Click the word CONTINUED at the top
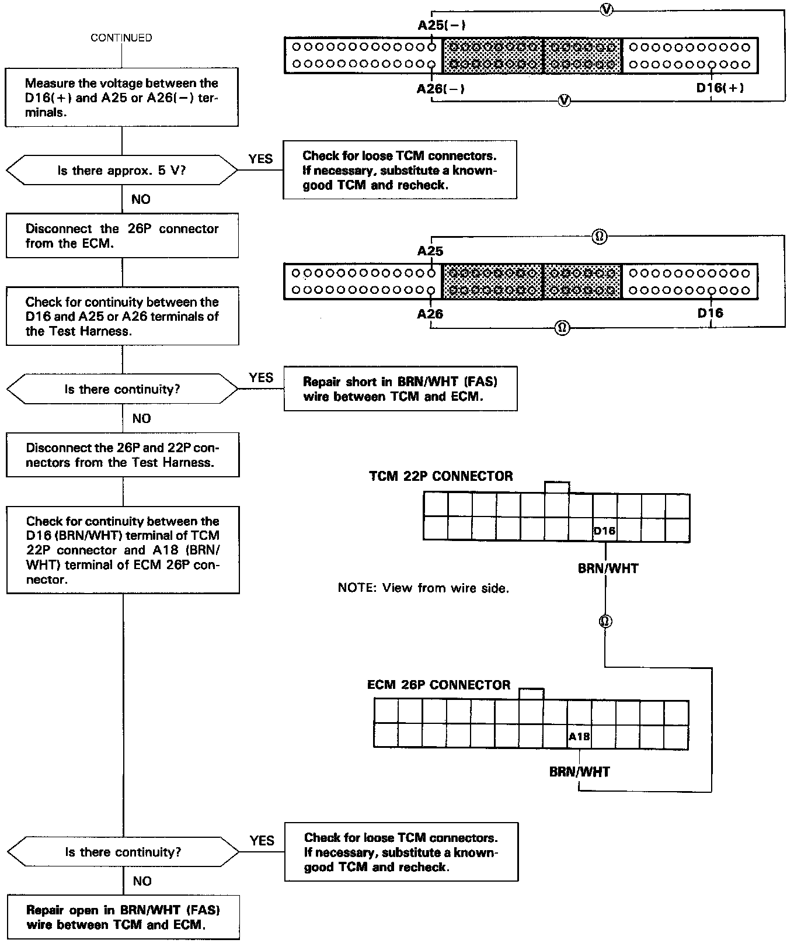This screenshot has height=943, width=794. [x=121, y=38]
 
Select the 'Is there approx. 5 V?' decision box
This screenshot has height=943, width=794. [x=121, y=171]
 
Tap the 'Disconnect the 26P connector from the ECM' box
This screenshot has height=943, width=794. [x=122, y=236]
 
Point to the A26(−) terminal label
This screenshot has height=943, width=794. [x=441, y=89]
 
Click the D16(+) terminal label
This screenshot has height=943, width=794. [x=720, y=88]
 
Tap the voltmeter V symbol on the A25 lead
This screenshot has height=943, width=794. [x=607, y=10]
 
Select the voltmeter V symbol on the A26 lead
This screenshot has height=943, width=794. [x=564, y=100]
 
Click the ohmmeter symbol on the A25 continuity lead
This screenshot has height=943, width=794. [x=599, y=237]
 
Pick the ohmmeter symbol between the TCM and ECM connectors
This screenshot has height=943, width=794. [x=605, y=621]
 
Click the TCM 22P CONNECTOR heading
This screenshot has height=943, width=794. [x=441, y=476]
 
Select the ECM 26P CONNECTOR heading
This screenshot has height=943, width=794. [x=438, y=685]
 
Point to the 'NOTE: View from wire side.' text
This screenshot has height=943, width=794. [x=423, y=588]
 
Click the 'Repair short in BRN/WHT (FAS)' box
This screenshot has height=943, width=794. [x=400, y=389]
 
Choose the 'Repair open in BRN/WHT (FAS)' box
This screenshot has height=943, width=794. [x=123, y=917]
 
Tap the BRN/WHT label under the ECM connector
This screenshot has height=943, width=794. [x=579, y=772]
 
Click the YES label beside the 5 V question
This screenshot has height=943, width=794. [x=260, y=159]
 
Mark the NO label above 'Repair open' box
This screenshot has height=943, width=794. [x=142, y=881]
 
